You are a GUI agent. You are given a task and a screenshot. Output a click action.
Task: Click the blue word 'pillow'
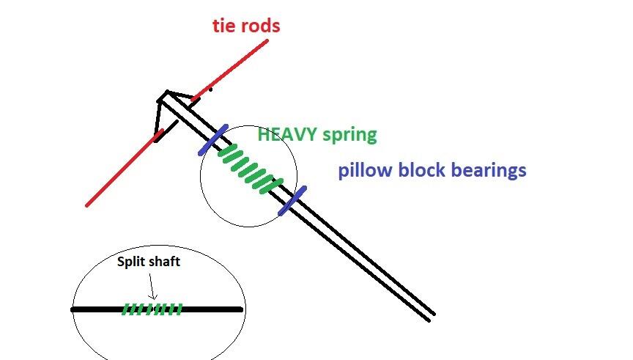pos(364,171)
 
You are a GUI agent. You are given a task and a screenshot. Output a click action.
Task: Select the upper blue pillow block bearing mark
pos(213,139)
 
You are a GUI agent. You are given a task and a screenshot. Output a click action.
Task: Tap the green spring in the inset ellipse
pos(151,309)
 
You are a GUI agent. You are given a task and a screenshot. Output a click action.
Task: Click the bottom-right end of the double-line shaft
pos(431,317)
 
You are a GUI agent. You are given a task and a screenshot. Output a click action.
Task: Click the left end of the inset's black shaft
pos(74,309)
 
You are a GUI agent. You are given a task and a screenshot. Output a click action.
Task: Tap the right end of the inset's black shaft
pos(240,309)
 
